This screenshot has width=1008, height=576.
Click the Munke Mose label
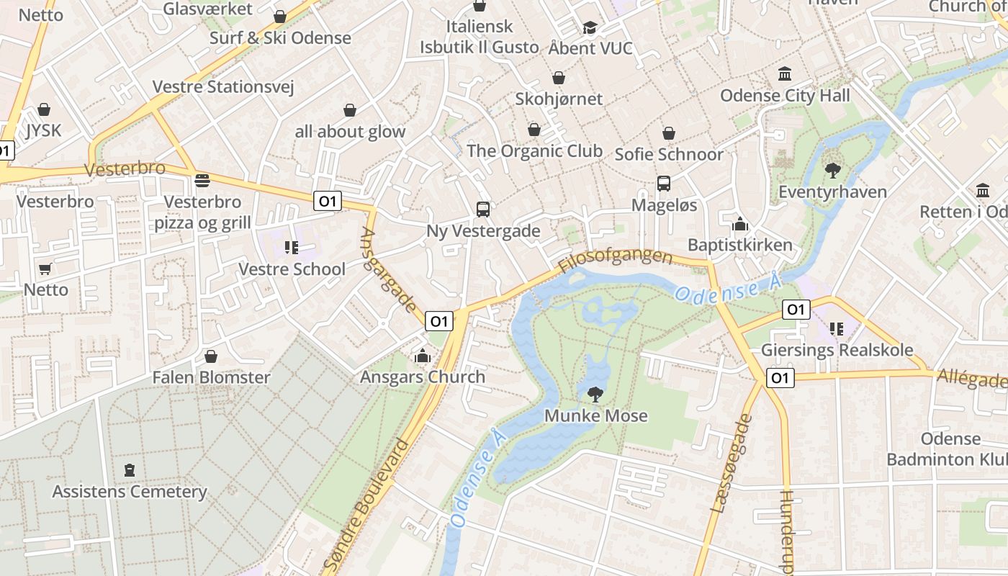pyautogui.click(x=595, y=415)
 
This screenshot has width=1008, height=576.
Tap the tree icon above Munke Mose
pyautogui.click(x=595, y=394)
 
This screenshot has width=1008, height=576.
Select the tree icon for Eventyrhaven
pyautogui.click(x=833, y=171)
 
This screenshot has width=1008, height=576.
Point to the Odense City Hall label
pyautogui.click(x=785, y=95)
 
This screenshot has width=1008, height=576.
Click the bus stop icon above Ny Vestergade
pyautogui.click(x=483, y=210)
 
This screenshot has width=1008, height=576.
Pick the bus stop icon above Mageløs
pyautogui.click(x=664, y=184)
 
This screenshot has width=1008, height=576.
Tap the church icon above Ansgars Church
pyautogui.click(x=423, y=356)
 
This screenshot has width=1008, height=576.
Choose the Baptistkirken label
pyautogui.click(x=739, y=245)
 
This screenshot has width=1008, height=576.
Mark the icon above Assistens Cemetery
pyautogui.click(x=130, y=470)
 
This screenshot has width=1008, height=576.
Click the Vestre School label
pyautogui.click(x=292, y=269)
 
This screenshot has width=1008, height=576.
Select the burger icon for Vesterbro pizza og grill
pyautogui.click(x=202, y=180)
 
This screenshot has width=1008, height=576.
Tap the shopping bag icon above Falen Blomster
pyautogui.click(x=211, y=356)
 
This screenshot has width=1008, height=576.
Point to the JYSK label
pyautogui.click(x=44, y=130)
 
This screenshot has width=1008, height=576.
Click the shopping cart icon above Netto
pyautogui.click(x=45, y=269)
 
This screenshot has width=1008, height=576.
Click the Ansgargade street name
pyautogui.click(x=389, y=270)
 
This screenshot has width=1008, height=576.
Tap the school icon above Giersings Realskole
pyautogui.click(x=836, y=329)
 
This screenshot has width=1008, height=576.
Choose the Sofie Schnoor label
pyautogui.click(x=669, y=154)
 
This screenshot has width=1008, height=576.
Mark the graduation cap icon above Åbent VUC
pyautogui.click(x=590, y=27)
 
